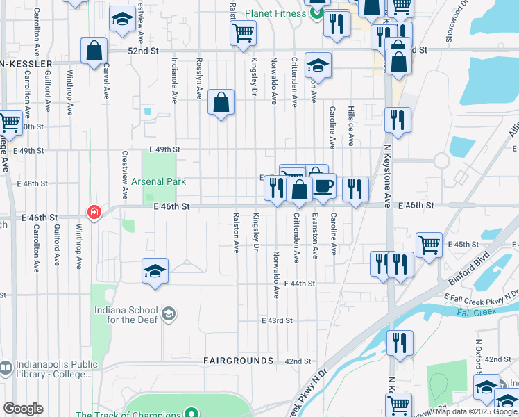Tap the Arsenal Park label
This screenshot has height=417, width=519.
pos(159,182)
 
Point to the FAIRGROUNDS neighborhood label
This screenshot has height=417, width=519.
pos(239,361)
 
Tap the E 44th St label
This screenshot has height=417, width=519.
pos(300,284)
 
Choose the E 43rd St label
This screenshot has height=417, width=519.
pos(277,320)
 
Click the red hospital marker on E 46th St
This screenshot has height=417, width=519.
pos(93,212)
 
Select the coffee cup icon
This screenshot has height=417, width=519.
pos(323,186)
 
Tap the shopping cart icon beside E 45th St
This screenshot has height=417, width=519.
pos(429,244)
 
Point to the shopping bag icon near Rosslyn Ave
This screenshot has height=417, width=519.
pos(221,103)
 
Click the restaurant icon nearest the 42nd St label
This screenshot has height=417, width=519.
pos(400,343)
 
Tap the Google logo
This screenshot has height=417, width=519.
pos(23,409)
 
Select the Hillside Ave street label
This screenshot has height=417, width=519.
pos(351,130)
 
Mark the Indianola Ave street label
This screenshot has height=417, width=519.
pos(175,79)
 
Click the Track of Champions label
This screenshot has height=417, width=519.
pos(128,415)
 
